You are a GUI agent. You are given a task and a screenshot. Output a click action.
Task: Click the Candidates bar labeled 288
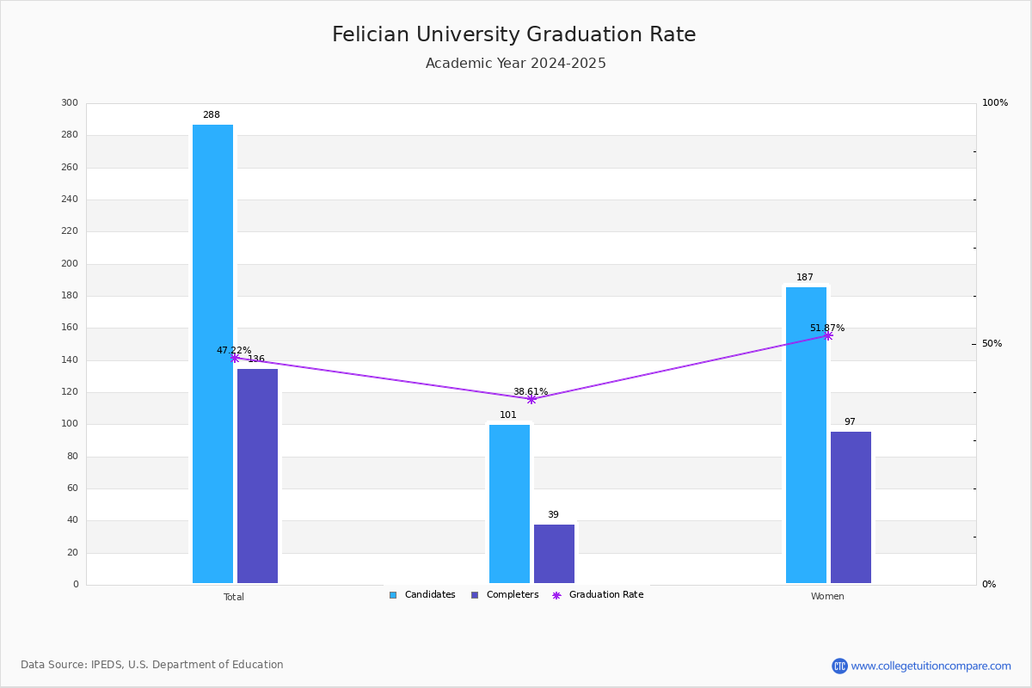click(213, 353)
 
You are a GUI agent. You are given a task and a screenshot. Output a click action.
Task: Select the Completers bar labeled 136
click(257, 476)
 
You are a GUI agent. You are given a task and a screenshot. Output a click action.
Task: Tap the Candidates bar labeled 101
click(509, 504)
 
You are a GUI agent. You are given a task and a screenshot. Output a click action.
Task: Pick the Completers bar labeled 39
click(554, 554)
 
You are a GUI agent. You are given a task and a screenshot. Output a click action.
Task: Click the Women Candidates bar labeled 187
click(807, 435)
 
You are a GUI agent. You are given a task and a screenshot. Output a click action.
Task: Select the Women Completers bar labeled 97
click(851, 507)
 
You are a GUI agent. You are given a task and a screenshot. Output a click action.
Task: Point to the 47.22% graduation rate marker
click(235, 358)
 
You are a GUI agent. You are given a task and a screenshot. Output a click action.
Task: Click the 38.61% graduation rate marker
click(531, 399)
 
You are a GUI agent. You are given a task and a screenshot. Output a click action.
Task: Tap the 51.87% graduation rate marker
click(828, 336)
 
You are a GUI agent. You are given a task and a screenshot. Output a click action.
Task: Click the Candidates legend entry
click(422, 594)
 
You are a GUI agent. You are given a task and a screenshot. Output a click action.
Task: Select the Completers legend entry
click(505, 594)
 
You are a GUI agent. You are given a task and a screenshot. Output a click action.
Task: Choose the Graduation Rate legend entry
click(598, 594)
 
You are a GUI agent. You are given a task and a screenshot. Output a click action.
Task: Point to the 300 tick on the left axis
click(70, 102)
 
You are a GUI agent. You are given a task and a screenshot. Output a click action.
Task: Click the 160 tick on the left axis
click(70, 327)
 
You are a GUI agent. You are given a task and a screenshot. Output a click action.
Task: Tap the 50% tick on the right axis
click(992, 343)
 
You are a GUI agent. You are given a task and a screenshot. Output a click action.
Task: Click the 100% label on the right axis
click(995, 102)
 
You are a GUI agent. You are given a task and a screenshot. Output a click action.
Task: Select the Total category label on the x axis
click(234, 597)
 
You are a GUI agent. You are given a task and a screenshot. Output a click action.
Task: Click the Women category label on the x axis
click(827, 596)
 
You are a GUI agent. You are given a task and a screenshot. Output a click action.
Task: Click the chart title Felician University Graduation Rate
click(513, 34)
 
